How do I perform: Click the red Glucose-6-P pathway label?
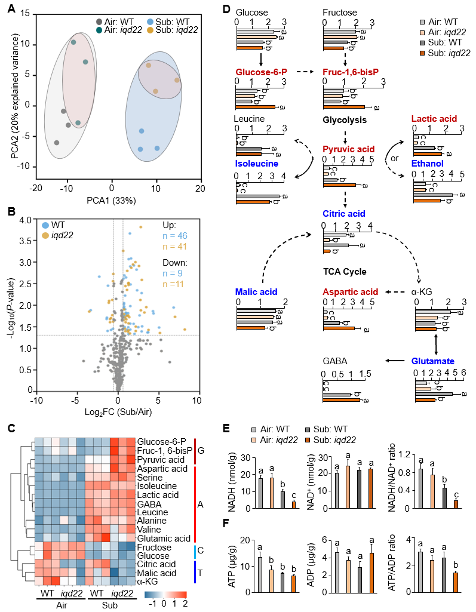(x=261, y=72)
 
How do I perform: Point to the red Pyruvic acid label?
(x=348, y=149)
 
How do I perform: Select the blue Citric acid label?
(x=344, y=213)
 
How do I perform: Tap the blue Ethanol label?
(x=427, y=162)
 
